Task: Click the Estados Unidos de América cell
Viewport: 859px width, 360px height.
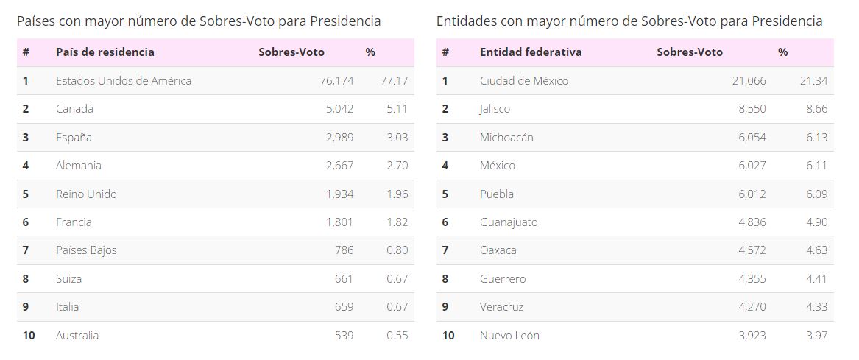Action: (x=123, y=81)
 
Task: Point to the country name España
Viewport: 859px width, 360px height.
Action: (x=74, y=138)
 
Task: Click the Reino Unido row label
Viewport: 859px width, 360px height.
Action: (x=86, y=194)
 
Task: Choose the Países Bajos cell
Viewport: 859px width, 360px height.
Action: (x=86, y=250)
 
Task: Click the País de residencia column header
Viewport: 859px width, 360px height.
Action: (x=105, y=52)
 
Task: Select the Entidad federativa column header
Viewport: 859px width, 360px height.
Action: (x=531, y=52)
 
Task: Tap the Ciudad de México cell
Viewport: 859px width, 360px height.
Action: (x=524, y=81)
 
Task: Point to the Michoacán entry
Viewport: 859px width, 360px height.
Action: (x=506, y=138)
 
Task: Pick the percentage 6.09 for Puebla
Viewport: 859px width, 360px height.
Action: (x=816, y=194)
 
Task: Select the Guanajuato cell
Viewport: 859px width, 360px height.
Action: (x=509, y=222)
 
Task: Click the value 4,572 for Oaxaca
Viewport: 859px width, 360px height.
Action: (x=752, y=250)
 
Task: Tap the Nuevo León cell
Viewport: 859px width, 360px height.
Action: (x=509, y=336)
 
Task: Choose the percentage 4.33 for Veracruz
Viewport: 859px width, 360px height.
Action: (x=816, y=307)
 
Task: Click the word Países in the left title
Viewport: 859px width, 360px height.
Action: (x=36, y=21)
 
